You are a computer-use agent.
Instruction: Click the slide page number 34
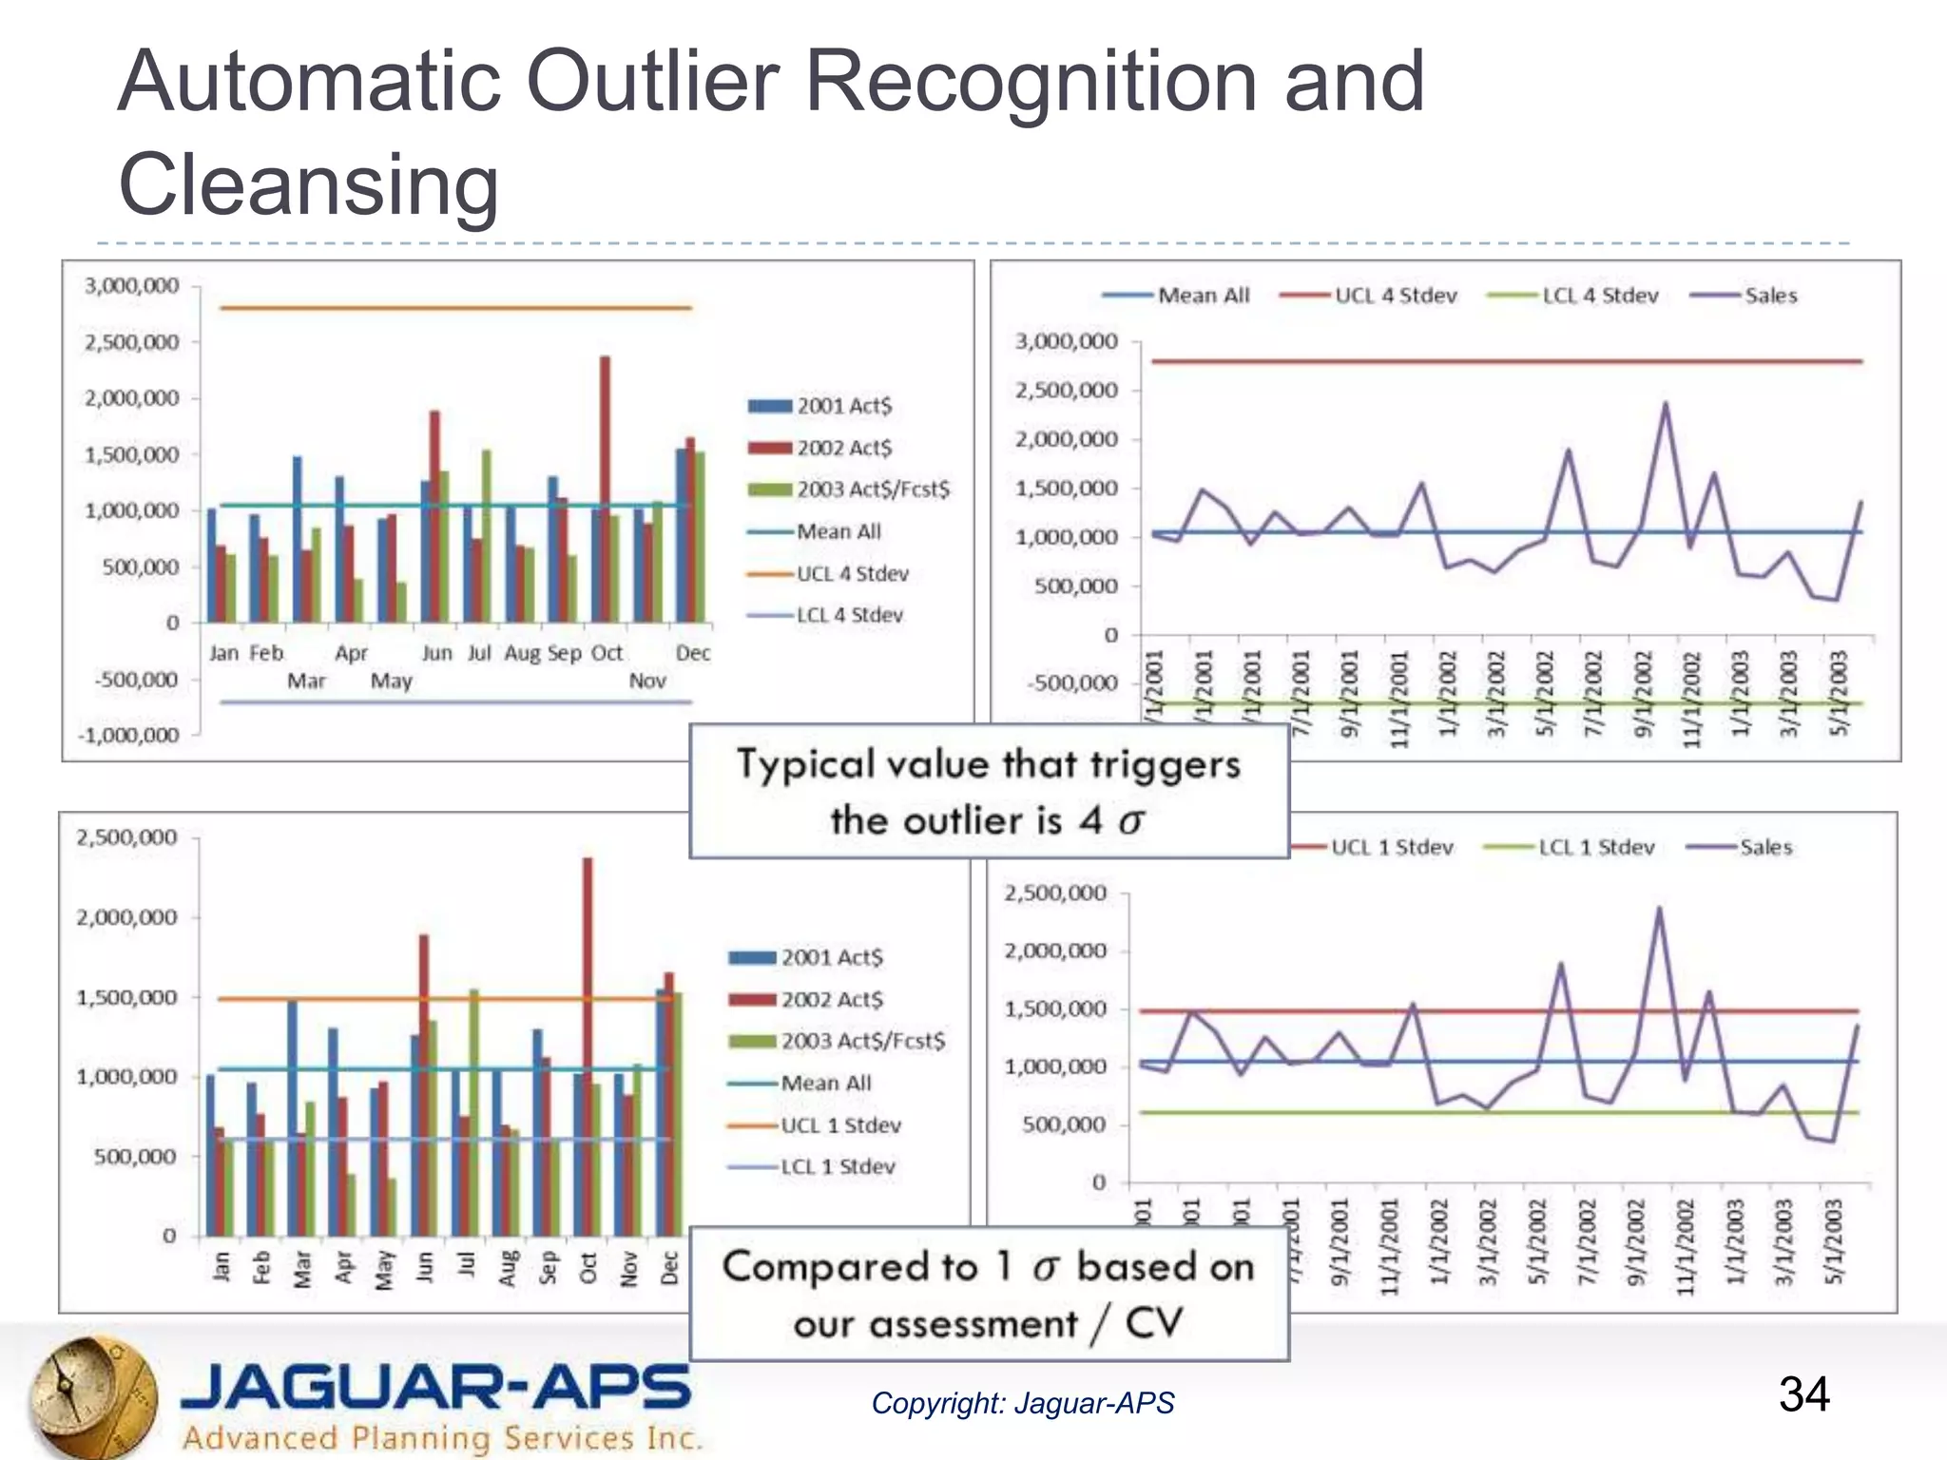point(1803,1394)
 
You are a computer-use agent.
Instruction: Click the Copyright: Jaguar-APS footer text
point(1022,1403)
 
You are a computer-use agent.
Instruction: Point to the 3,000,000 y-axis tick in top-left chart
point(132,286)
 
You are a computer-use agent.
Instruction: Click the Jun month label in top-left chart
point(436,653)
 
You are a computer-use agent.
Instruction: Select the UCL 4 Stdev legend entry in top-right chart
point(1395,296)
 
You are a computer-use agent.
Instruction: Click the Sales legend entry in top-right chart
point(1770,296)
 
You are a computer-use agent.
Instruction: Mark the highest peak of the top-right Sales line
point(1665,404)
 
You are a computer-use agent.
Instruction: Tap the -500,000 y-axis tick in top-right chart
point(1075,682)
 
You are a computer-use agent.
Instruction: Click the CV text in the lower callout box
point(1153,1322)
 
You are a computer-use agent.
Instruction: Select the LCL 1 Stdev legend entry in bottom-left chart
point(837,1166)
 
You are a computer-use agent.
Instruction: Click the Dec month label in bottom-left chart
point(669,1268)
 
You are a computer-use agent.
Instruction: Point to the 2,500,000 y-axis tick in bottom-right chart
point(1055,893)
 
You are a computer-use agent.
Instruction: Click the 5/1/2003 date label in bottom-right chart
point(1833,1242)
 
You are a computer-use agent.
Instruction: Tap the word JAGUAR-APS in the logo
point(435,1388)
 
